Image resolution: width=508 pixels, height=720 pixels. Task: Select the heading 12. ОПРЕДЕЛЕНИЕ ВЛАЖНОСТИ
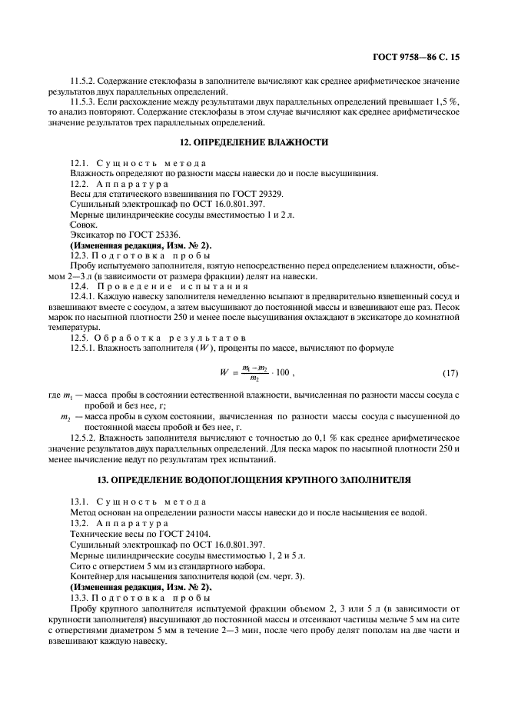[254, 142]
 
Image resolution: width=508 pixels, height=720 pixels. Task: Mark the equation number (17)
[450, 374]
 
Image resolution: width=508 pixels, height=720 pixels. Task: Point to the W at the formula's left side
[224, 374]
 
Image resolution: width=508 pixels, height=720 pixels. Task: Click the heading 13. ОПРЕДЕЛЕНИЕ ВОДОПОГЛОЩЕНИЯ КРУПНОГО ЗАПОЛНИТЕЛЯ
[254, 481]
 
